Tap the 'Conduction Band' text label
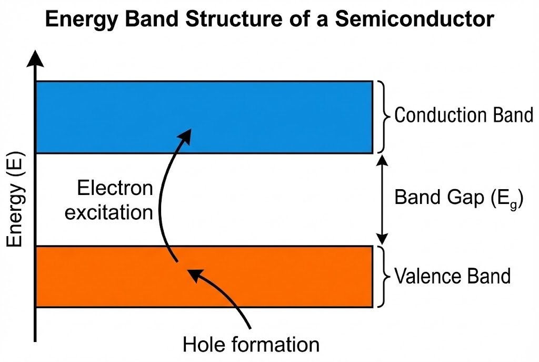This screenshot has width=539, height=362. (x=464, y=115)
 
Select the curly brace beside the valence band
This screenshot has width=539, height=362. (x=383, y=276)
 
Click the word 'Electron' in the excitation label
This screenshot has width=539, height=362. (x=115, y=188)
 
